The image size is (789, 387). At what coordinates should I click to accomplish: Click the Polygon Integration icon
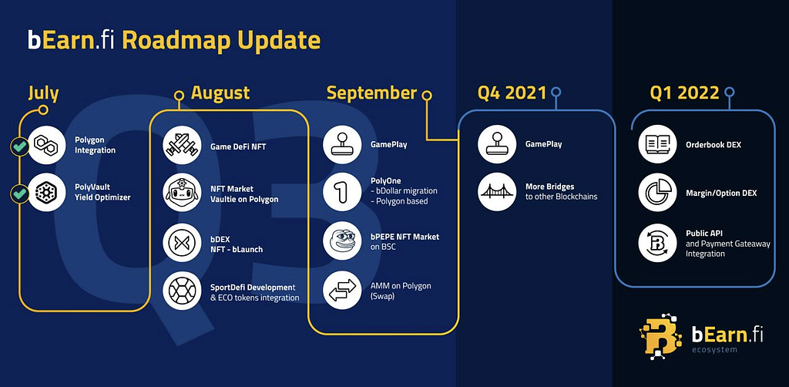[47, 145]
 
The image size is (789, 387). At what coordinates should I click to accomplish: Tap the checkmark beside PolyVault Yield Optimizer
[19, 194]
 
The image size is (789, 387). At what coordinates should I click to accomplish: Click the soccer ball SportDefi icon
[182, 291]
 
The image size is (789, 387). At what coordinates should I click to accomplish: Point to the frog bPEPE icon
[342, 241]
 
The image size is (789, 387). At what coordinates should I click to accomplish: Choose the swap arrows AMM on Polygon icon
[342, 290]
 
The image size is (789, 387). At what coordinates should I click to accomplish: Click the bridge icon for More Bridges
[497, 192]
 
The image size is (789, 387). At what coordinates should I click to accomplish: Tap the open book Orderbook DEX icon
[657, 144]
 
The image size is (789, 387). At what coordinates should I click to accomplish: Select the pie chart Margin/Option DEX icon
[657, 192]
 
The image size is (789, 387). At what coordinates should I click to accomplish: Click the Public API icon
[657, 243]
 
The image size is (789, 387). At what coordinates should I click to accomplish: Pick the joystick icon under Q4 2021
[497, 144]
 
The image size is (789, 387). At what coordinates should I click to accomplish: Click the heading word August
[220, 93]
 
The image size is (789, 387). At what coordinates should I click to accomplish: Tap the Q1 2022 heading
[684, 93]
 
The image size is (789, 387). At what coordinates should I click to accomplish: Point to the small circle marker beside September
[427, 95]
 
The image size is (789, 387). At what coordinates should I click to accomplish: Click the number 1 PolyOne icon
[342, 192]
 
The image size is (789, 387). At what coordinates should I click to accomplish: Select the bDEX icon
[182, 243]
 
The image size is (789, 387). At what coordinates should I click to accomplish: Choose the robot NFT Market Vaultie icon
[182, 193]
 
